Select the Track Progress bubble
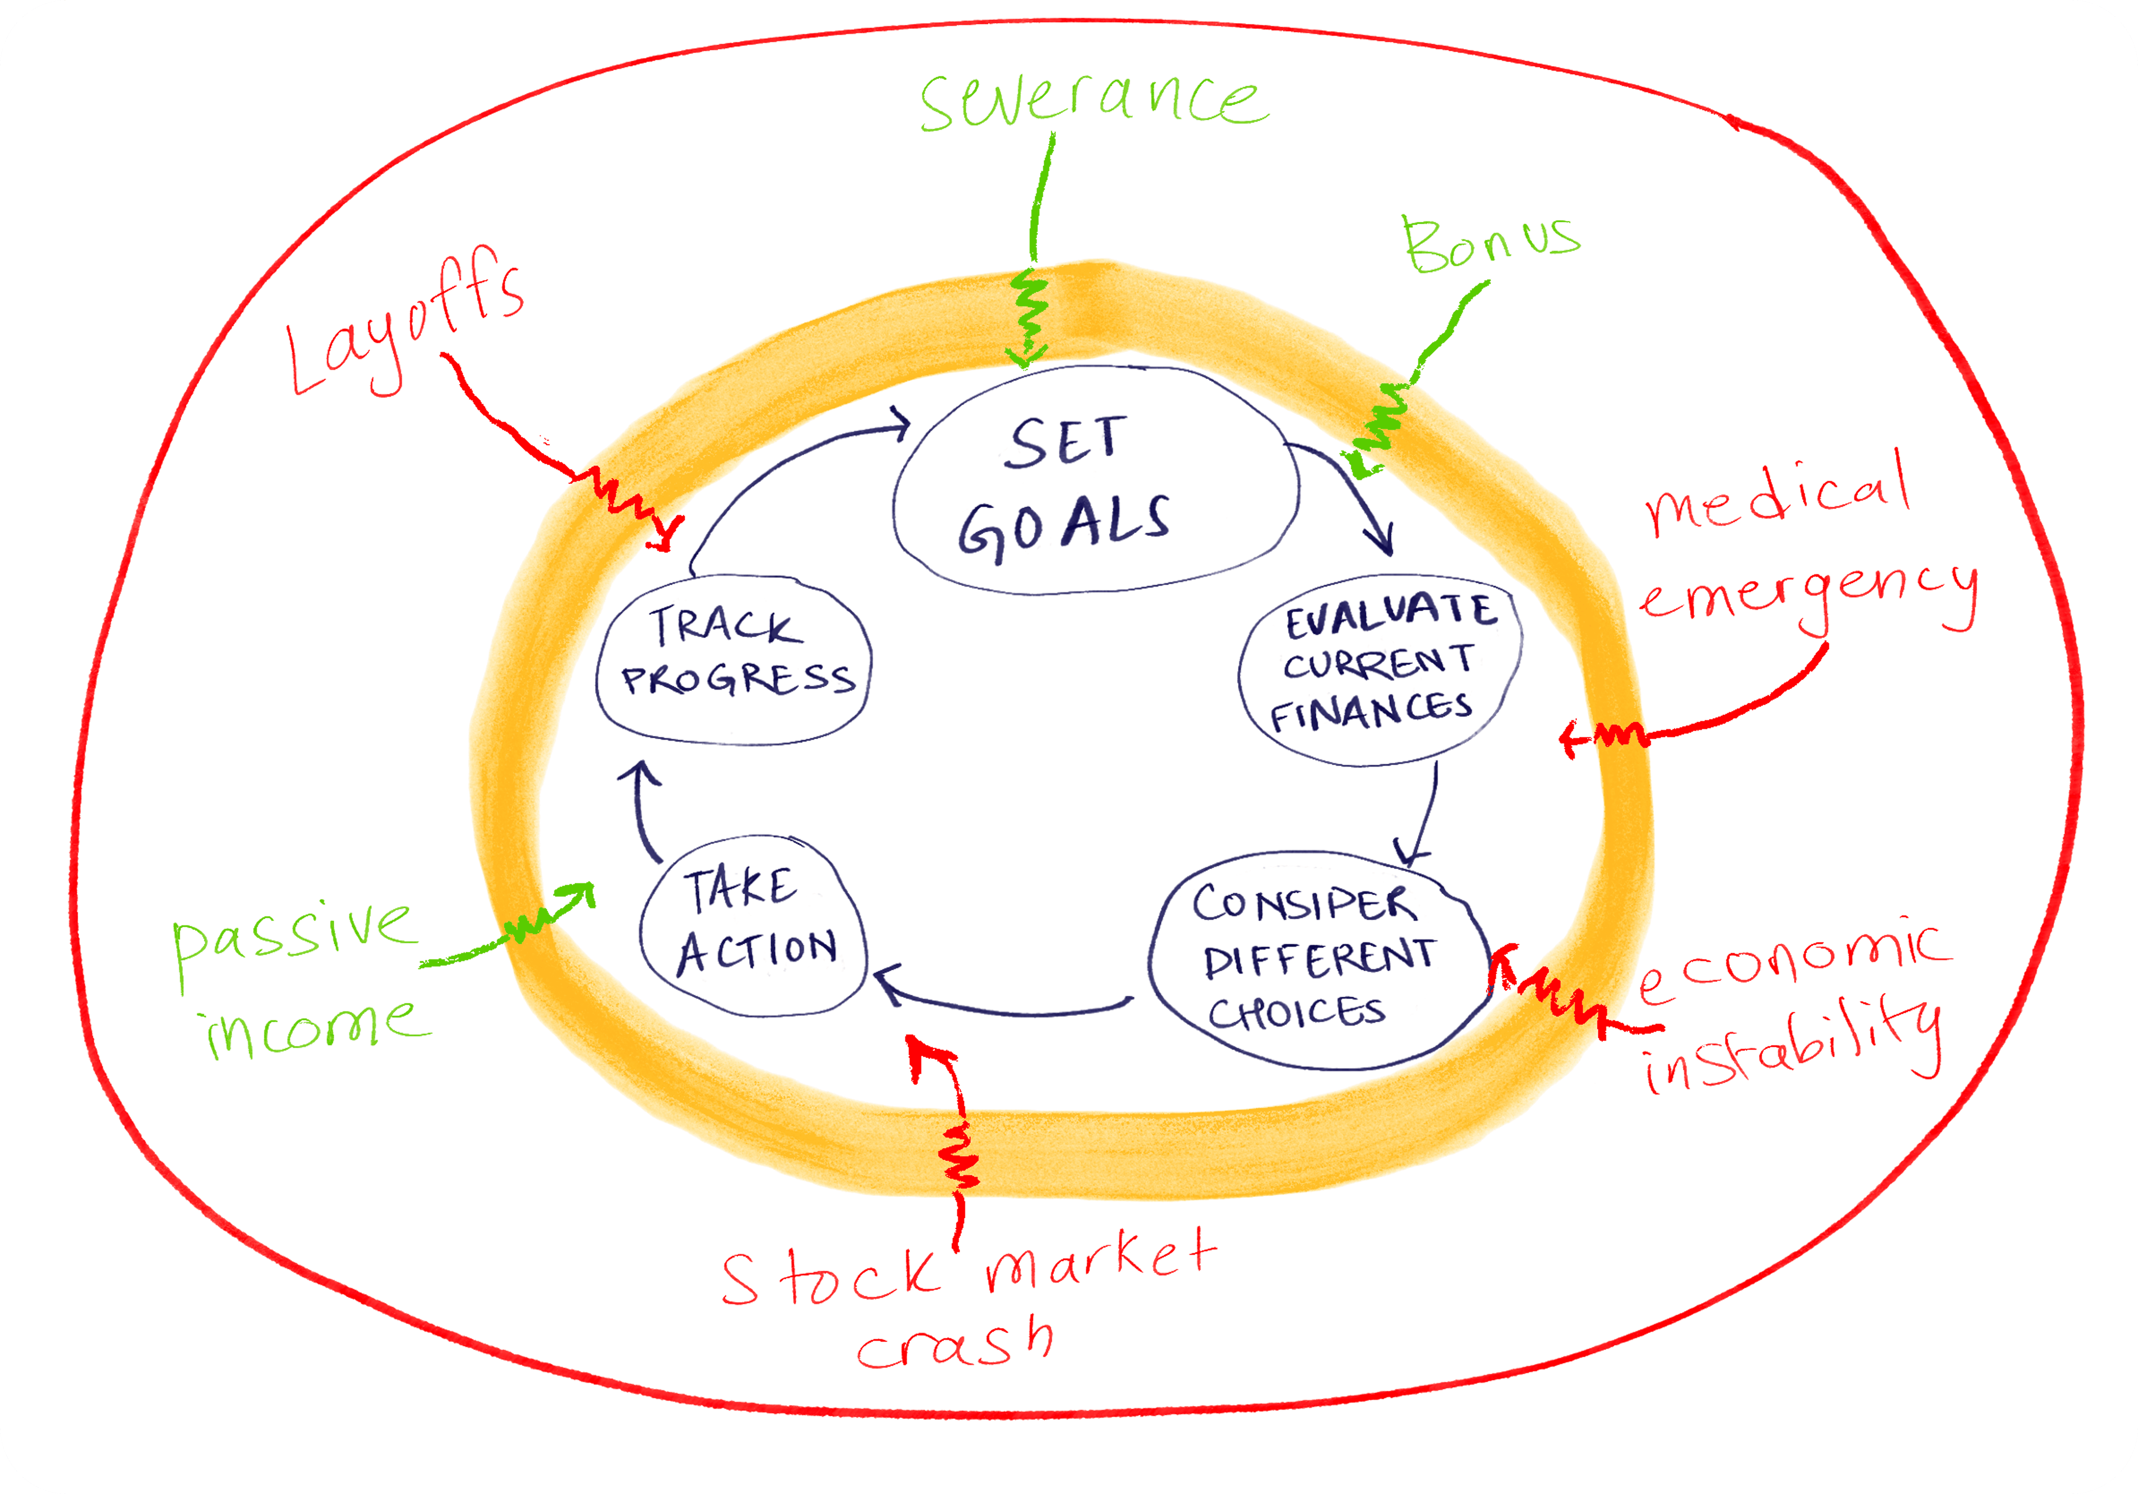[x=734, y=660]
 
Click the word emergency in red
[x=1808, y=596]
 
